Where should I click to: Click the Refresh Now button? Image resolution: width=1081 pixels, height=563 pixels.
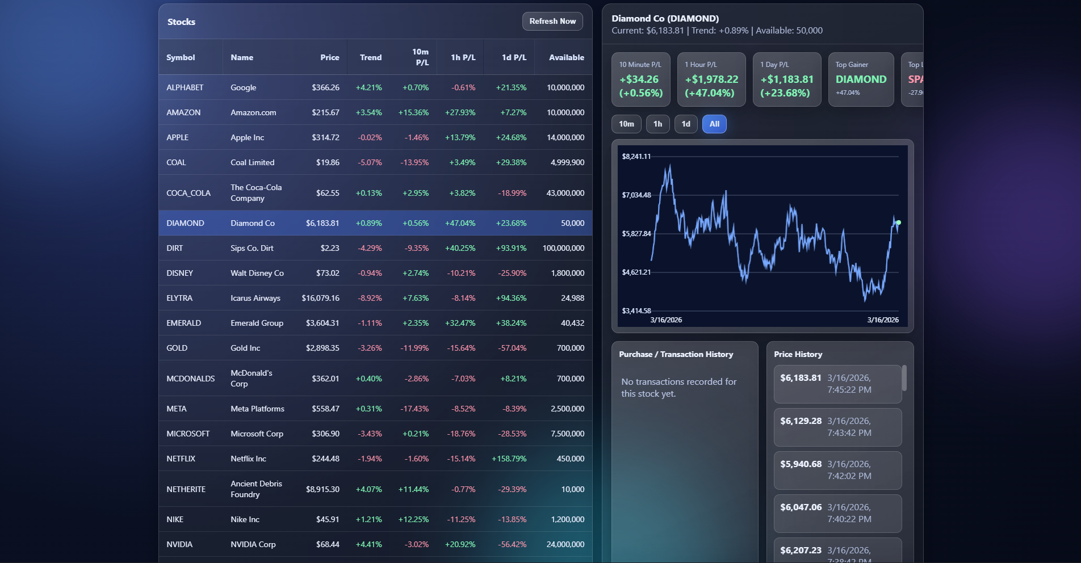[x=552, y=22]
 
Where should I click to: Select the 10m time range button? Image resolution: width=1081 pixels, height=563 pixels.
[x=626, y=124]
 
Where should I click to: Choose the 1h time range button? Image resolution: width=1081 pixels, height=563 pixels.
[x=657, y=124]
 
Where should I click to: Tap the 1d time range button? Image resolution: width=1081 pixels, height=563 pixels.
[x=686, y=124]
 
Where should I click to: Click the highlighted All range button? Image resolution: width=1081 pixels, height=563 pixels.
[x=714, y=124]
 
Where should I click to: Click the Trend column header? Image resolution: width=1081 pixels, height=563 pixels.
[x=370, y=57]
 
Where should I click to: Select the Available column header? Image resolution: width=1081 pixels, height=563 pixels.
[x=566, y=57]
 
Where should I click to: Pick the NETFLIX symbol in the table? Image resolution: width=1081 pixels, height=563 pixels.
[x=181, y=459]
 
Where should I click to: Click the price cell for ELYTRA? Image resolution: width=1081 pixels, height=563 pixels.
[x=320, y=298]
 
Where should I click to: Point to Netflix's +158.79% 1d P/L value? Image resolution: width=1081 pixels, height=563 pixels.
[x=509, y=459]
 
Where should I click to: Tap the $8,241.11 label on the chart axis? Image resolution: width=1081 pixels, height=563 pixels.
[x=636, y=157]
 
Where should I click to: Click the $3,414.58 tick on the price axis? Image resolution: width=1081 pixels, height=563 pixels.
[x=636, y=311]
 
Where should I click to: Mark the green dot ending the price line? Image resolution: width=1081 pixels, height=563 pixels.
[x=898, y=222]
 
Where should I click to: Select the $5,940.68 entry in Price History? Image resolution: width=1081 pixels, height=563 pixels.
[x=801, y=464]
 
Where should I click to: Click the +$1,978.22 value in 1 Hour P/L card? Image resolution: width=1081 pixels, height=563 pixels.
[x=711, y=79]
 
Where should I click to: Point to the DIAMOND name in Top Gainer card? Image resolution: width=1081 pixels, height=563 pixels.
[x=861, y=79]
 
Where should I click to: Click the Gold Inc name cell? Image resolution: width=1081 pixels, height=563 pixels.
[x=245, y=348]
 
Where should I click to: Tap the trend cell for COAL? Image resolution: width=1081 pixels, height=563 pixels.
[x=370, y=162]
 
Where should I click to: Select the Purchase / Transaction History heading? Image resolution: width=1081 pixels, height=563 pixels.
[x=676, y=354]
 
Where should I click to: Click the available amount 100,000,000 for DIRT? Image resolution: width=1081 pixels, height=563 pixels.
[x=563, y=248]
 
